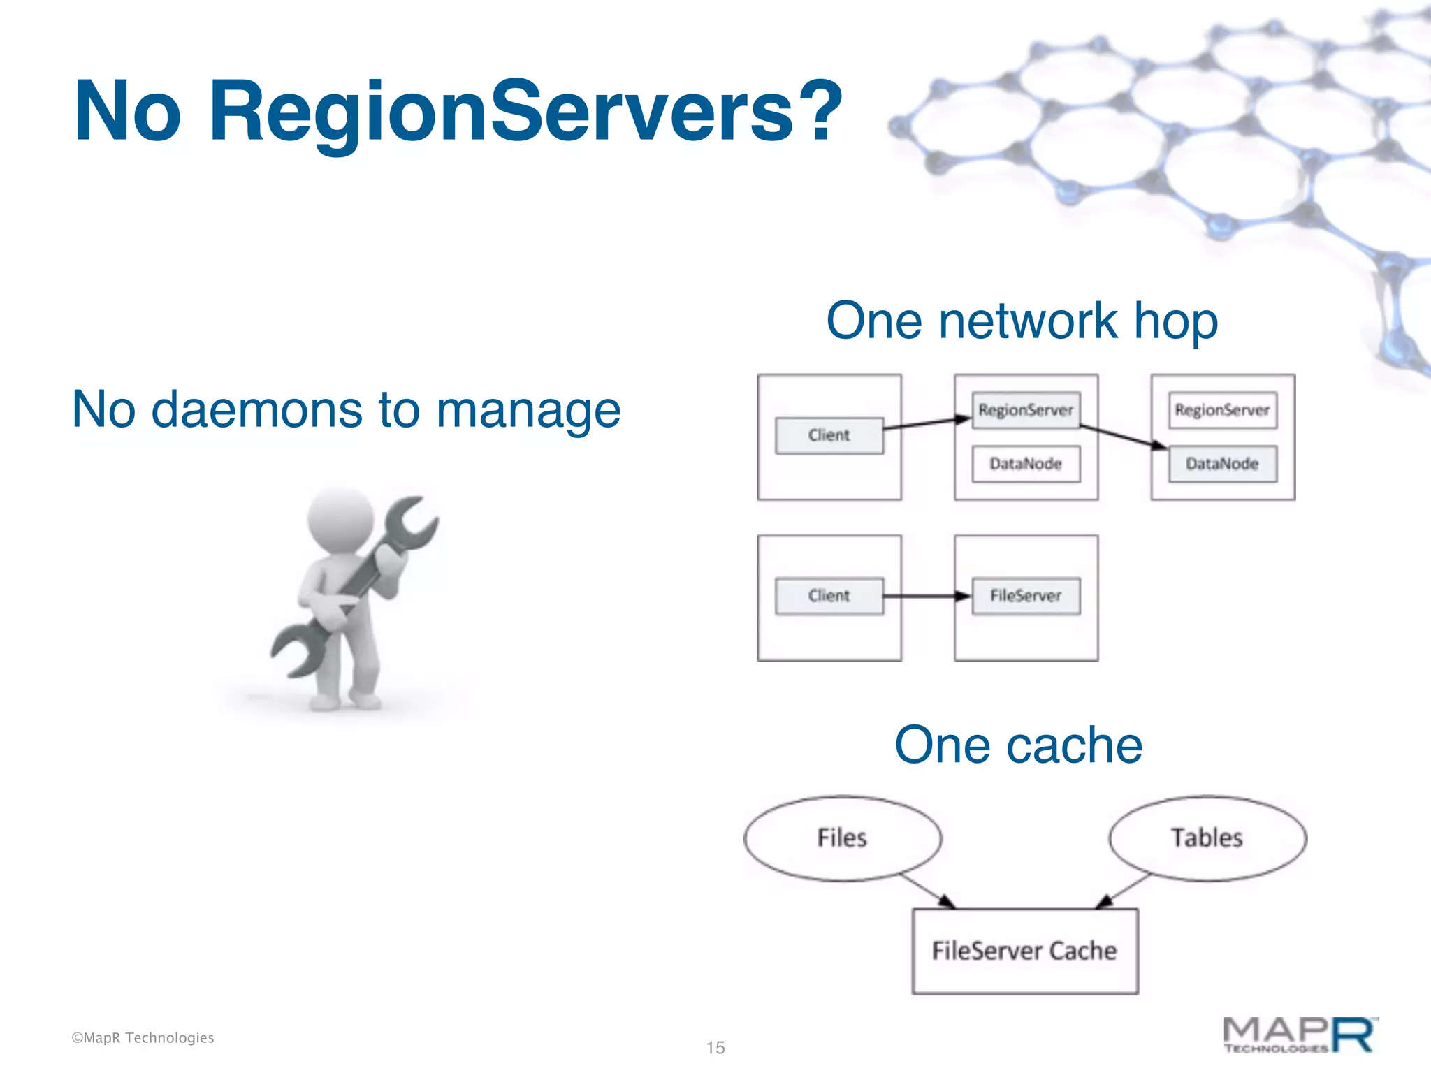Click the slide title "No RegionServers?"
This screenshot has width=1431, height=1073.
(458, 112)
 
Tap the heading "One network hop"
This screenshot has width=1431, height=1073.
(1022, 321)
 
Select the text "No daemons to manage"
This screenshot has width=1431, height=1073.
(346, 409)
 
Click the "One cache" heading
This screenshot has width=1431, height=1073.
(1018, 745)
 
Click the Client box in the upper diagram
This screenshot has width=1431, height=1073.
(829, 435)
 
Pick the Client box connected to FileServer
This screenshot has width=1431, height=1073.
(829, 596)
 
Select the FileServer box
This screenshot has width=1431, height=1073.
(1025, 596)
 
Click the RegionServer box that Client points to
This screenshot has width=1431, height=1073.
(1025, 410)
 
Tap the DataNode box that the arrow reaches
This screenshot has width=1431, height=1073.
(1222, 464)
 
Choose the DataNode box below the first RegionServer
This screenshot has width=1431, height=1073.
(1025, 464)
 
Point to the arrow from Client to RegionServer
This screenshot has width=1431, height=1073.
(926, 423)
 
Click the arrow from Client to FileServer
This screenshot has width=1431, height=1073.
(926, 596)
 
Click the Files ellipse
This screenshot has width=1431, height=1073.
(842, 838)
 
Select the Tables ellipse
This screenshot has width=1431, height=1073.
(1207, 838)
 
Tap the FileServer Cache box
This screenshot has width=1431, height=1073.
(1024, 951)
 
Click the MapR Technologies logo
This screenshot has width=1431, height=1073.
(1300, 1035)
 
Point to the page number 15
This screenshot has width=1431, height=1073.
(715, 1048)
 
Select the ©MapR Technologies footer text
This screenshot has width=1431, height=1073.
(143, 1038)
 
